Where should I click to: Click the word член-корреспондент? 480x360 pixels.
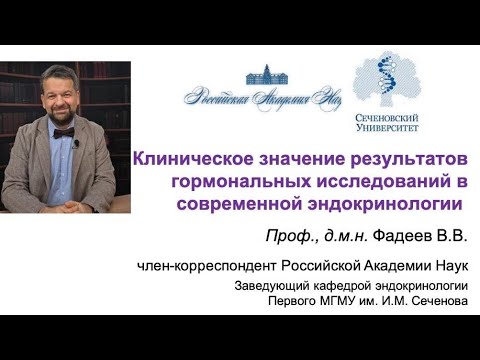point(208,265)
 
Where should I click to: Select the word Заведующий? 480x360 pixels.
point(269,287)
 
